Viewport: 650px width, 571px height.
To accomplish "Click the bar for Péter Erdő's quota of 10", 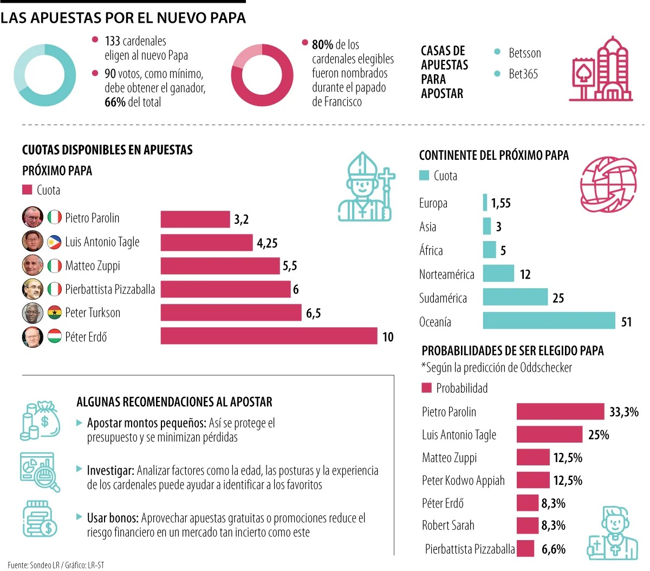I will tap(269, 336).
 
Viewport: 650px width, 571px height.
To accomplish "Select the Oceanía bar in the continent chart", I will tap(549, 321).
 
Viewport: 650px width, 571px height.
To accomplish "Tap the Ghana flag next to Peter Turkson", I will tap(55, 313).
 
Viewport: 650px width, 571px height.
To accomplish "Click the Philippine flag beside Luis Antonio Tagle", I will tap(55, 242).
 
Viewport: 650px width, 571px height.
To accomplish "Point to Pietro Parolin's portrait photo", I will tap(32, 217).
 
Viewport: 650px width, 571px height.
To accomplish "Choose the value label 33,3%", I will tap(623, 412).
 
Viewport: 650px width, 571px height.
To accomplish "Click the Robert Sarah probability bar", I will tap(527, 525).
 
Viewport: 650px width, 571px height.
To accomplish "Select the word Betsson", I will tap(524, 53).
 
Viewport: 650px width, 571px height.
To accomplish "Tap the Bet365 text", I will tap(523, 74).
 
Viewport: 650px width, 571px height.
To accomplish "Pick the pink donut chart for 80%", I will tap(262, 75).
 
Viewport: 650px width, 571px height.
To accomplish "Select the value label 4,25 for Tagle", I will tap(267, 243).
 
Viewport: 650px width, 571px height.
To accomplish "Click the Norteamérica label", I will tap(446, 275).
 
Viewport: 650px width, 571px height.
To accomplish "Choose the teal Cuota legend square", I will tap(424, 176).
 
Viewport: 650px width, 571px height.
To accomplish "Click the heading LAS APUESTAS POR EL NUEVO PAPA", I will tap(123, 18).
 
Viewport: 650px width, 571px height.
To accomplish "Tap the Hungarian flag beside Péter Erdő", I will tap(55, 336).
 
